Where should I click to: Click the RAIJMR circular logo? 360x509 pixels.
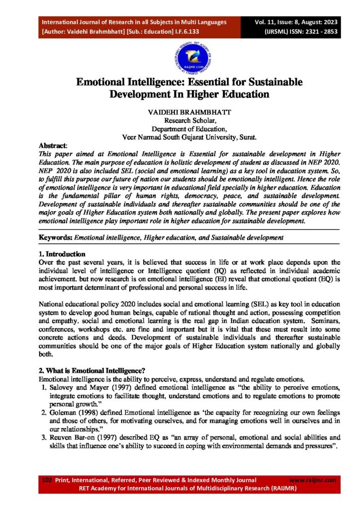click(x=180, y=55)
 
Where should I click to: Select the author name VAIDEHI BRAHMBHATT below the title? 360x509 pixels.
click(x=180, y=112)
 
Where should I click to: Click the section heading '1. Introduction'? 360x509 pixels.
click(x=65, y=254)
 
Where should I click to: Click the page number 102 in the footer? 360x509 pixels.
click(x=47, y=480)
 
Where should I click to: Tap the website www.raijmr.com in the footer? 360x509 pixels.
click(x=312, y=480)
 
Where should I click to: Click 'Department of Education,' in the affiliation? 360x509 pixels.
click(x=180, y=128)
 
